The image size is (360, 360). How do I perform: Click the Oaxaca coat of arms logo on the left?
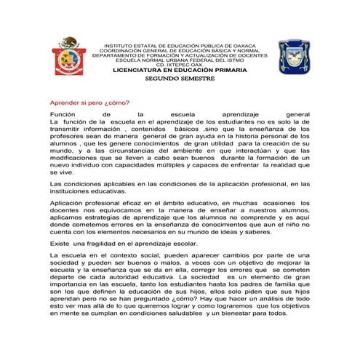71,56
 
